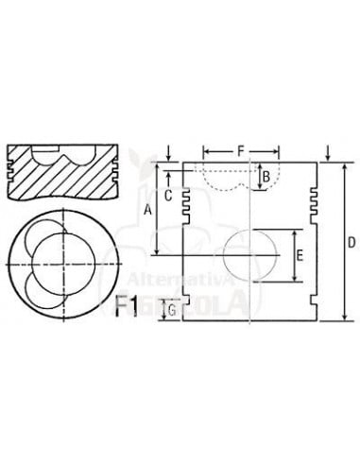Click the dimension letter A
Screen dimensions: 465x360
[147, 211]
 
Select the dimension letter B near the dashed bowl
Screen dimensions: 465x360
[266, 176]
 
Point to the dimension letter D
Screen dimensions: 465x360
[350, 243]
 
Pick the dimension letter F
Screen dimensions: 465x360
[241, 150]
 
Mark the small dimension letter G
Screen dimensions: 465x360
[171, 309]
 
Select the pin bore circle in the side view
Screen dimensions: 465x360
[252, 256]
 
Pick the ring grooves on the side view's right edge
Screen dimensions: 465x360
[315, 198]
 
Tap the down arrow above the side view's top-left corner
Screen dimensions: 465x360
[167, 149]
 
